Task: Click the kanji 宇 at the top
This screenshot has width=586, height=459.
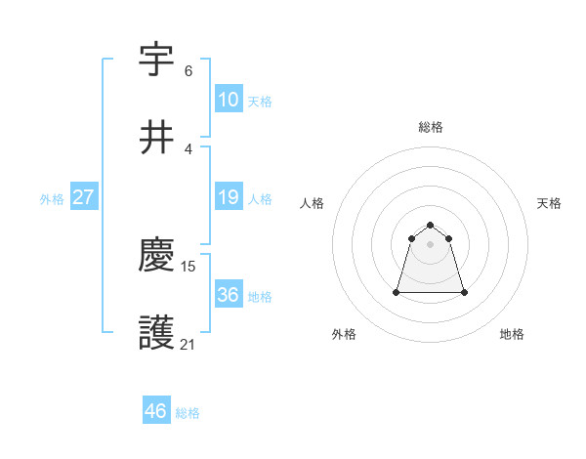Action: click(157, 59)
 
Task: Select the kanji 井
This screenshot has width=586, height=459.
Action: click(157, 138)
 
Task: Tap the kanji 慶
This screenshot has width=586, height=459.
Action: click(157, 256)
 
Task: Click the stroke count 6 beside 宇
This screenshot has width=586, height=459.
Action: click(188, 71)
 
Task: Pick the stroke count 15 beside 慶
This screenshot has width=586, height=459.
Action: click(189, 266)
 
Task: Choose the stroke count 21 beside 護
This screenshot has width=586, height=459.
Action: click(188, 345)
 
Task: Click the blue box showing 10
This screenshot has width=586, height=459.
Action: click(229, 100)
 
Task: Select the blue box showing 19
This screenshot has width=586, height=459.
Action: click(229, 197)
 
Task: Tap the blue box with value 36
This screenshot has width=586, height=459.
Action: click(229, 295)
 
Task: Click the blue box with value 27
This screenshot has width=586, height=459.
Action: click(84, 197)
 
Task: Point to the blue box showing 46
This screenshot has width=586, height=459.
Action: click(156, 411)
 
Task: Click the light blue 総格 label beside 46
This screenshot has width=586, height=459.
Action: click(188, 413)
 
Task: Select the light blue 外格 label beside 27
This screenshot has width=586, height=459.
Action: click(52, 198)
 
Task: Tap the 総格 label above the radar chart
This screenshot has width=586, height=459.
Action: click(431, 127)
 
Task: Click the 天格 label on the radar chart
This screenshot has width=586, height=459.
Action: click(549, 203)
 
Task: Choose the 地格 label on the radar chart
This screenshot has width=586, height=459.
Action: click(512, 335)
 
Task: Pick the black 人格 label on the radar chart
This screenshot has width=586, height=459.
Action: click(313, 203)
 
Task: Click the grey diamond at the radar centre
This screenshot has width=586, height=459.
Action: click(431, 244)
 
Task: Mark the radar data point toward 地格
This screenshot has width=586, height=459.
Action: click(464, 292)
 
